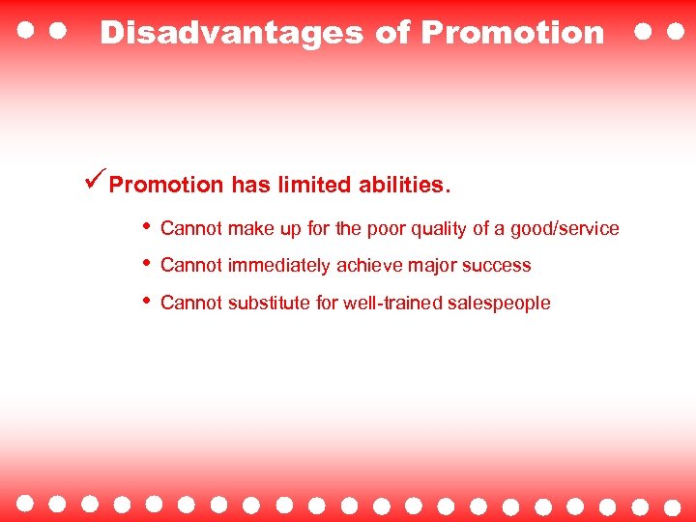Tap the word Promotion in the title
coord(512,33)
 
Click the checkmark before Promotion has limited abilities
coord(94,181)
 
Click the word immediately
coord(279,266)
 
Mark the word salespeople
coord(498,304)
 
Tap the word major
coord(432,266)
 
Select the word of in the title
coord(392,33)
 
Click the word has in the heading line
coord(250,185)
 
